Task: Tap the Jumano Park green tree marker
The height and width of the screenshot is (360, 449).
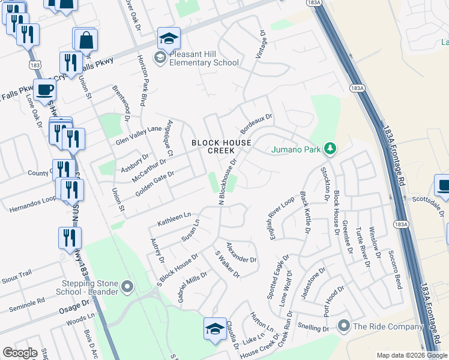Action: pos(329,148)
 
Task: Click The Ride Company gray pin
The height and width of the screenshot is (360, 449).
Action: pos(344,326)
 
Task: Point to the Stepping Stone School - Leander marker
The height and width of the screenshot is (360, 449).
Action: pos(127,287)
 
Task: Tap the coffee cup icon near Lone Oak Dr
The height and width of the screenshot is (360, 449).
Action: pos(44,91)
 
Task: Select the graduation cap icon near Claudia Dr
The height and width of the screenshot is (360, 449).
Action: pos(215,329)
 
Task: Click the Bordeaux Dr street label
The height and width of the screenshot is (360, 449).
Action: pos(256,124)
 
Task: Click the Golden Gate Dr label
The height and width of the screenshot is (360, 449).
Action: pos(154,182)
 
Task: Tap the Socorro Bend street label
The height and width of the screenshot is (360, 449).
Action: pos(394,269)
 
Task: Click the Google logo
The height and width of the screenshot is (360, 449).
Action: pos(20,353)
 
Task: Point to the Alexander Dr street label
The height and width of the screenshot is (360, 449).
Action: pos(241,252)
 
